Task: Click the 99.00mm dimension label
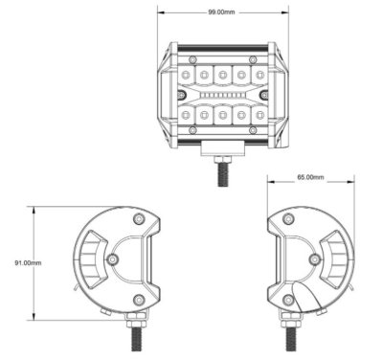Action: (x=222, y=12)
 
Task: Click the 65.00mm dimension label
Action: (x=310, y=178)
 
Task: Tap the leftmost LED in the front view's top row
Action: (x=186, y=74)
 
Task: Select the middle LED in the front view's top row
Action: (x=222, y=74)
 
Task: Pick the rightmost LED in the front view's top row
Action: (x=259, y=74)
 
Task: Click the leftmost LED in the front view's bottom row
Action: (x=186, y=115)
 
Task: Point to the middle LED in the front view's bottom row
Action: (x=222, y=115)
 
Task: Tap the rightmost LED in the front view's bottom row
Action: (x=259, y=115)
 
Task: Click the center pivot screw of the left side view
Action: (x=113, y=259)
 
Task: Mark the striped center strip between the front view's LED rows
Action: (x=222, y=95)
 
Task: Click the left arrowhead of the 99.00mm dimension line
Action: (x=161, y=12)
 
